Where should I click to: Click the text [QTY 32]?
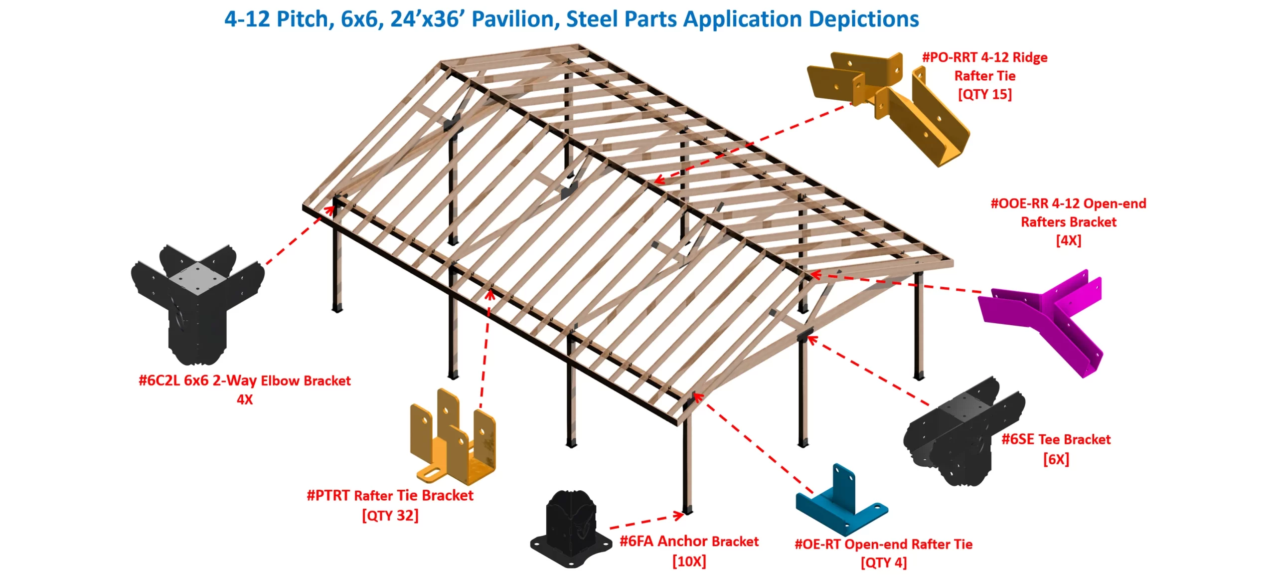390,515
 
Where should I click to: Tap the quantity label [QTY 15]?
984,94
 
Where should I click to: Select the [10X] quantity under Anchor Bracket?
689,562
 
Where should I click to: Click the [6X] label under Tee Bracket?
1056,459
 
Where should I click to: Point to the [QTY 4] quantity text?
883,563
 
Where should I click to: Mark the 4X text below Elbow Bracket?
244,399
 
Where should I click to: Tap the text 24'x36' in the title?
427,19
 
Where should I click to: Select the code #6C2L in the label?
159,381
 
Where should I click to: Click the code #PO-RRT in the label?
949,57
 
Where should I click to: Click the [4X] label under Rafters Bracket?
1068,240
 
